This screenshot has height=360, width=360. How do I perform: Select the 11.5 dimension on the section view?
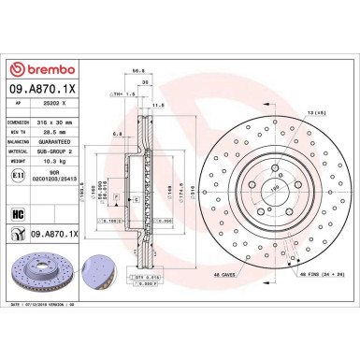(x=161, y=106)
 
